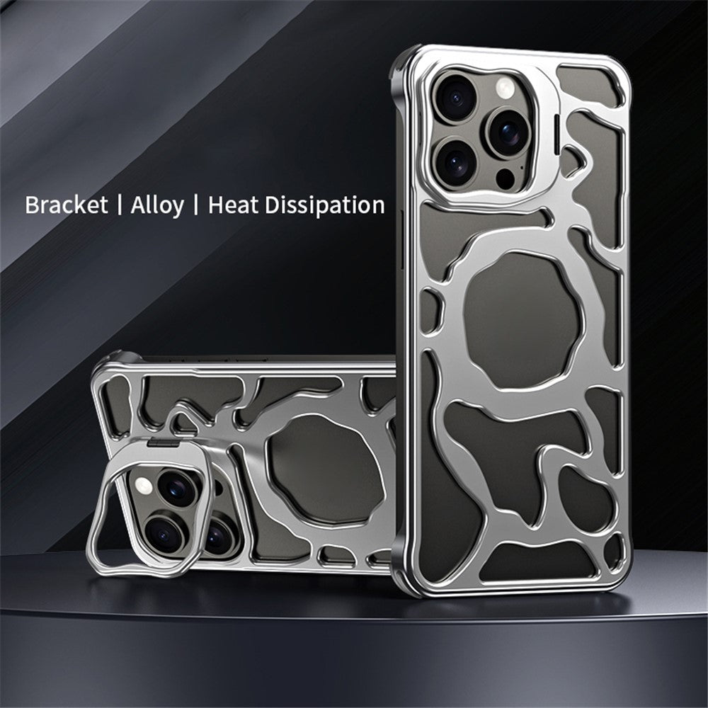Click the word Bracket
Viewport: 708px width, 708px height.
67,205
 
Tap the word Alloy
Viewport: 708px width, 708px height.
157,206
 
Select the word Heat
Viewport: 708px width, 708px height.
234,205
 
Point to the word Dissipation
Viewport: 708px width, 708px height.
325,205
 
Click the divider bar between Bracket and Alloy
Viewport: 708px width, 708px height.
119,205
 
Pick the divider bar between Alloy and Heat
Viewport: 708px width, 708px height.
195,205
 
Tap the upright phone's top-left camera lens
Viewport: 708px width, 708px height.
455,98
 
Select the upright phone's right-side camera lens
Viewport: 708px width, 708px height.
508,132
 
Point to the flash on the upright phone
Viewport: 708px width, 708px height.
505,88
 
